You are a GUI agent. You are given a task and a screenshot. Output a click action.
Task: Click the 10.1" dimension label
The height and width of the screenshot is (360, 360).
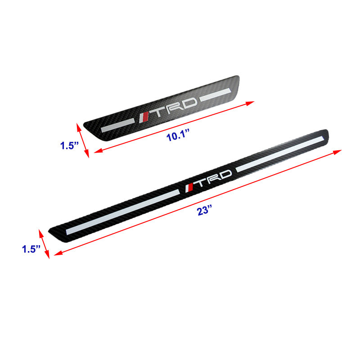(178, 135)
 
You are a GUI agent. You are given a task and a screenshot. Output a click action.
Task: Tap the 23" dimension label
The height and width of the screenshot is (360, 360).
(204, 210)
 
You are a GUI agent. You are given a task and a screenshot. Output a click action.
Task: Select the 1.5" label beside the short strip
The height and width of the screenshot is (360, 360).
(69, 145)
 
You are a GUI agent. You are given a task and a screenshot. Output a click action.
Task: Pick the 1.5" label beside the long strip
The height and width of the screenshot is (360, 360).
(31, 249)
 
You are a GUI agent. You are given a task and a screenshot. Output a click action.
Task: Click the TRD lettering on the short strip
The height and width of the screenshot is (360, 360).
(175, 107)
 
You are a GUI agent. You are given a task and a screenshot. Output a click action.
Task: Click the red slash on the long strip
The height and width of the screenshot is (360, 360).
(190, 188)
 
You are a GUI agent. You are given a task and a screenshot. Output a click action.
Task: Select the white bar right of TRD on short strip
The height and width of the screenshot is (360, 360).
(215, 94)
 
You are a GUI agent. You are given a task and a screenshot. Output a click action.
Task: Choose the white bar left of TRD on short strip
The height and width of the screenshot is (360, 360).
(117, 126)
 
